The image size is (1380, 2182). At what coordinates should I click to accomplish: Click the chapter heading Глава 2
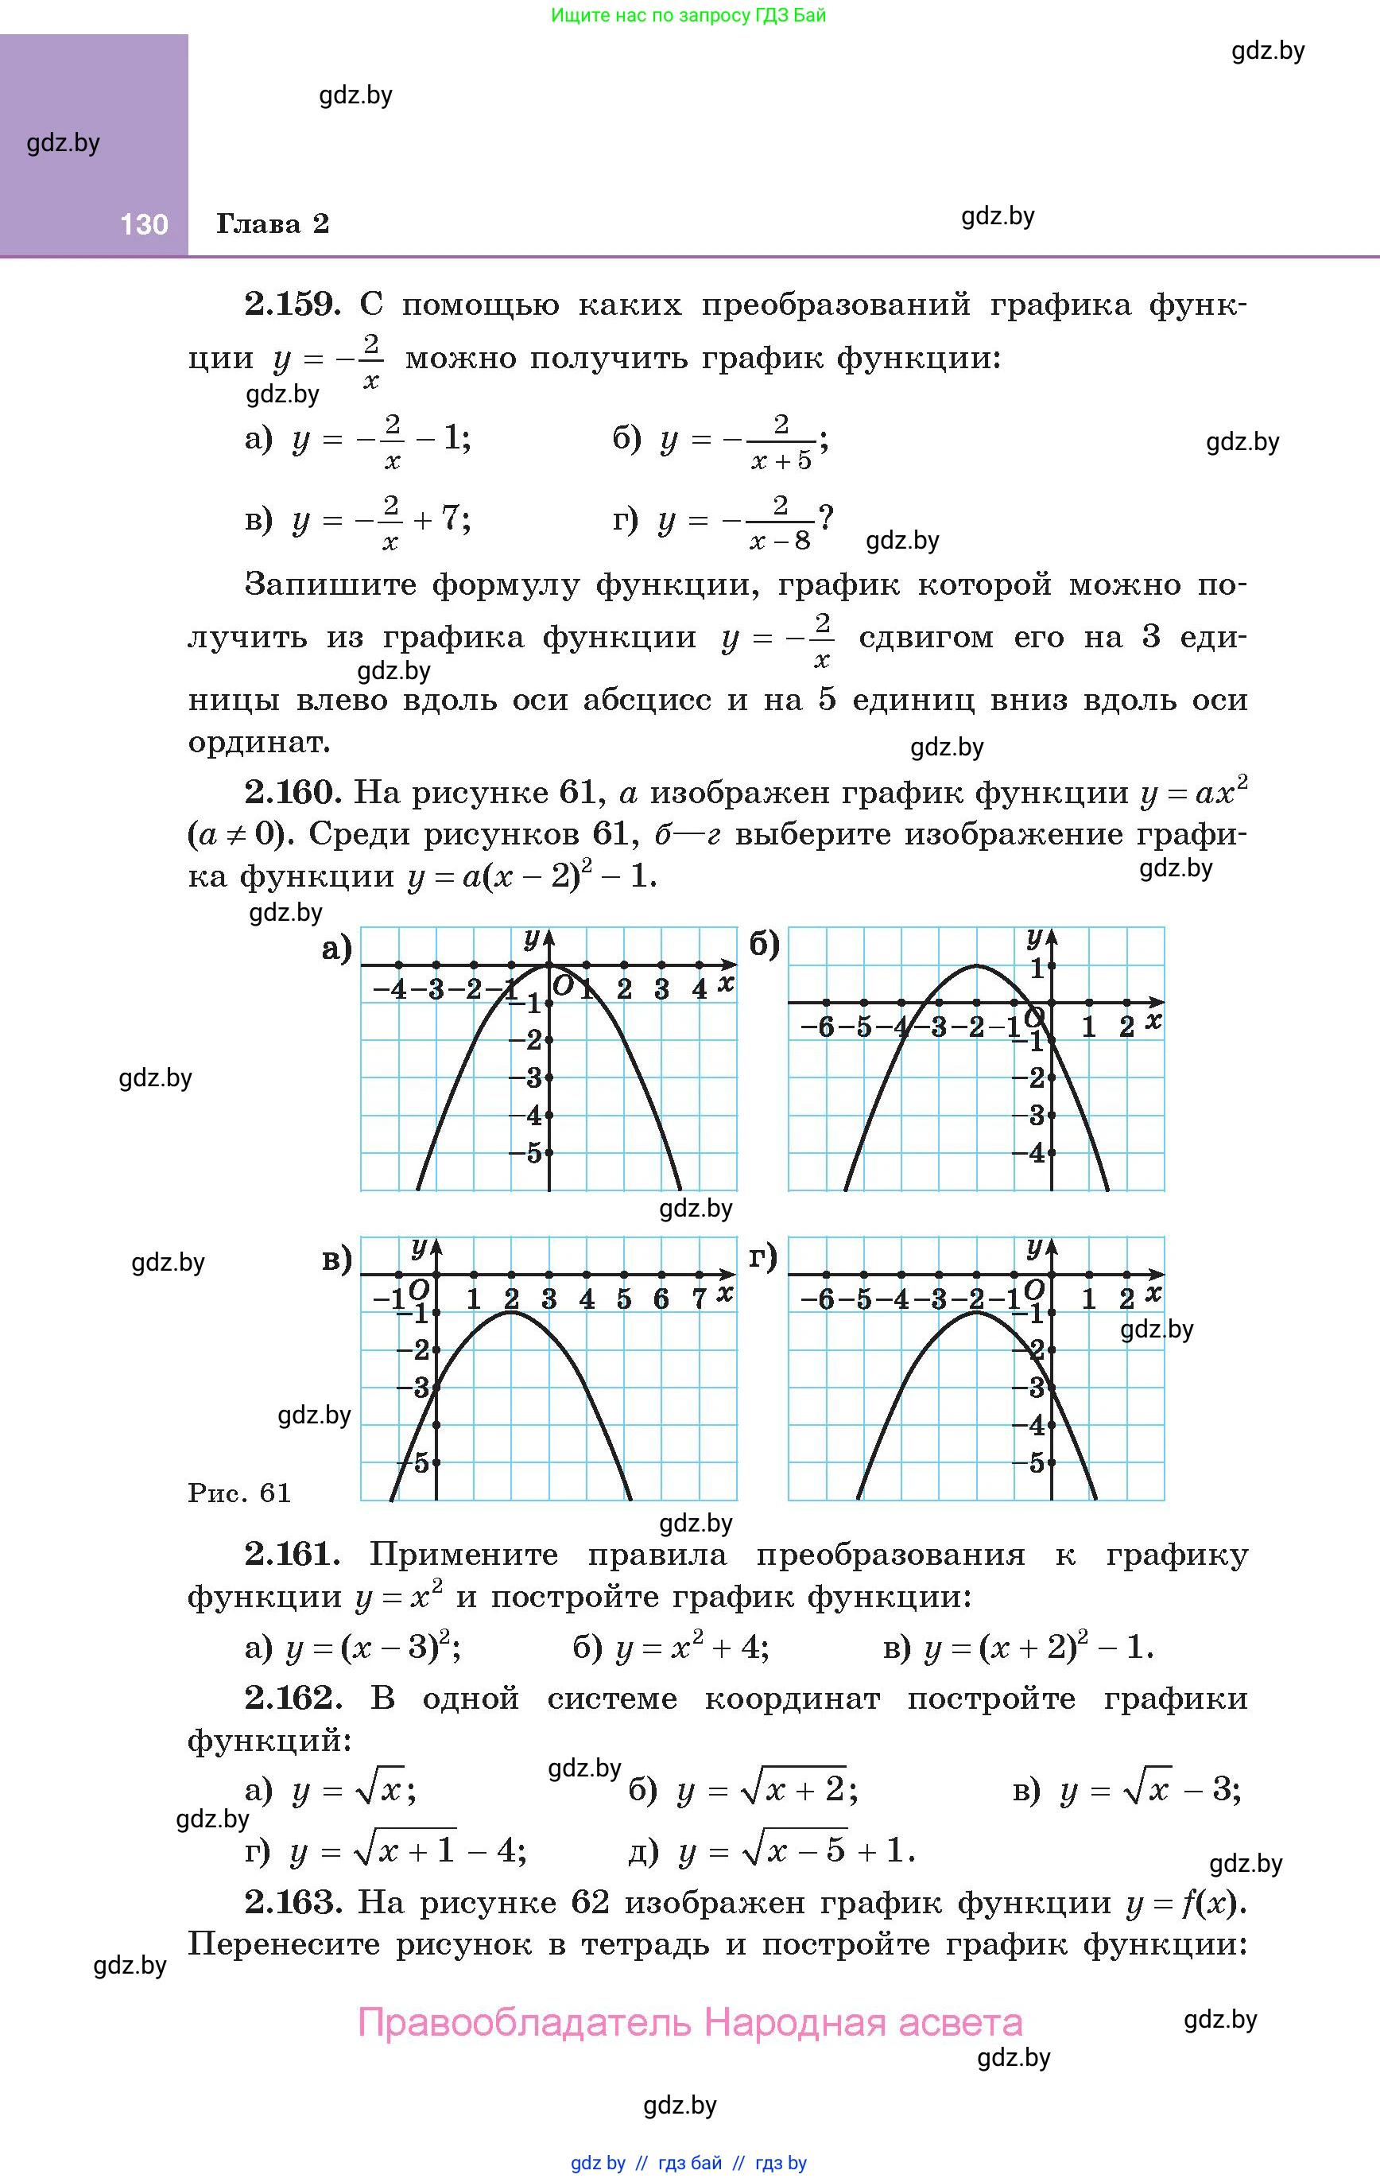coord(272,223)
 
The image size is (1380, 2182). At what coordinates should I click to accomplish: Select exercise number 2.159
coord(292,305)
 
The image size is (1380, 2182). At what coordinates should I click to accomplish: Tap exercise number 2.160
coord(292,793)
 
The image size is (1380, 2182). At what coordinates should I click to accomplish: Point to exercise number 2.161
coord(292,1555)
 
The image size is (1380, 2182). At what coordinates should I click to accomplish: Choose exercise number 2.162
coord(292,1698)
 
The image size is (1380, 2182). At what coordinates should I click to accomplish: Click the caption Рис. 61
coord(239,1493)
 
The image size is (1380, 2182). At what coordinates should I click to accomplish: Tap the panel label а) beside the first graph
coord(337,949)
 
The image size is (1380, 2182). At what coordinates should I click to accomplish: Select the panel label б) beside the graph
coord(765,945)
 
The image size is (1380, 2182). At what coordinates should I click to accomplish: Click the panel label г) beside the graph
coord(764,1258)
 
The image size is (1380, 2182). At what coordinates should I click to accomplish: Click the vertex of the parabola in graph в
coord(512,1312)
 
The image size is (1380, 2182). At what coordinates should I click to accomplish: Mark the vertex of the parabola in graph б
coord(977,965)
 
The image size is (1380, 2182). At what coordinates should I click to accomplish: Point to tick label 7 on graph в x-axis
coord(699,1299)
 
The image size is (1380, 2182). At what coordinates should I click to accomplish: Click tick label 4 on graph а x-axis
coord(699,988)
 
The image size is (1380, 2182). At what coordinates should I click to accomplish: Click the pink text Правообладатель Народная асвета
coord(691,2022)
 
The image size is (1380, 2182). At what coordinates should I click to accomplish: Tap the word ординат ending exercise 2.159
coord(258,743)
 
